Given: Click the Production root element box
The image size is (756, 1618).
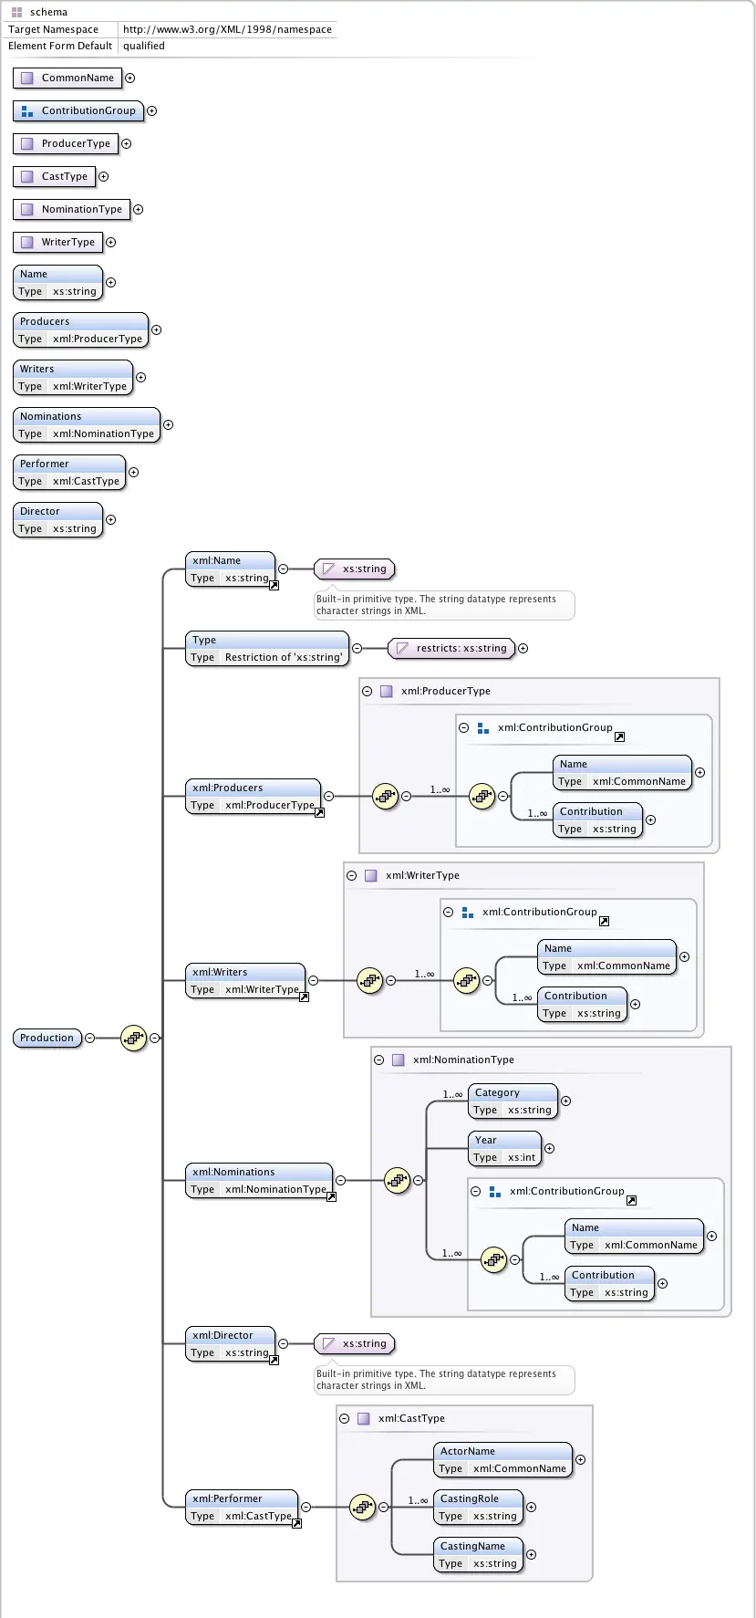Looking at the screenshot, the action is pos(47,1038).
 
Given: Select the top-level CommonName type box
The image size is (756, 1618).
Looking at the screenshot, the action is pos(67,78).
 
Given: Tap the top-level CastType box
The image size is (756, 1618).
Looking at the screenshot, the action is pos(55,176).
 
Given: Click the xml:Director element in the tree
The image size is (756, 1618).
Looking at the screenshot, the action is pos(232,1343).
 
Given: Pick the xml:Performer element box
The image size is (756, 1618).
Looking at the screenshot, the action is pos(243,1507).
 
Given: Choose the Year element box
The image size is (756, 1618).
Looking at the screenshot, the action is pos(504,1148).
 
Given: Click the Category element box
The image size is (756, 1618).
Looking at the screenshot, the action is pos(513,1101).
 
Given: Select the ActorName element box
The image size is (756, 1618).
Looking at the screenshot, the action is pos(502,1459).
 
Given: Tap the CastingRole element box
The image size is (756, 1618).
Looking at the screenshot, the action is pos(478,1507).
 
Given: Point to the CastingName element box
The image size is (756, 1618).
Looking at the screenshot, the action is pos(478,1554).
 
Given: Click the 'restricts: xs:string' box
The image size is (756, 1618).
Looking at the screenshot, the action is pos(451,648).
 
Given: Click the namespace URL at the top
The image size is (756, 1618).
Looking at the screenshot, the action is pos(227,29).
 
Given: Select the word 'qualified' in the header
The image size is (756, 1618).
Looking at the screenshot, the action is pos(144,46).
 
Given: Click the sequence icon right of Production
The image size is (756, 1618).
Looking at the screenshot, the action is pos(134,1038).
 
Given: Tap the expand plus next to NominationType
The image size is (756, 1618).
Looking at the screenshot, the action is pos(139,209).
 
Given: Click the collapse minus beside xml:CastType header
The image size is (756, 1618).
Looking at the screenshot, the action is pos(344,1418).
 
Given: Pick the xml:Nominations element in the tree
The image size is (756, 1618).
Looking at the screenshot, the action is pos(260,1180).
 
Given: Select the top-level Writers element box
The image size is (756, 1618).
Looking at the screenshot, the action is pos(73,377).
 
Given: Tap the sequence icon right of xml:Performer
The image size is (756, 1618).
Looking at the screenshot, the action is pos(363,1507).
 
